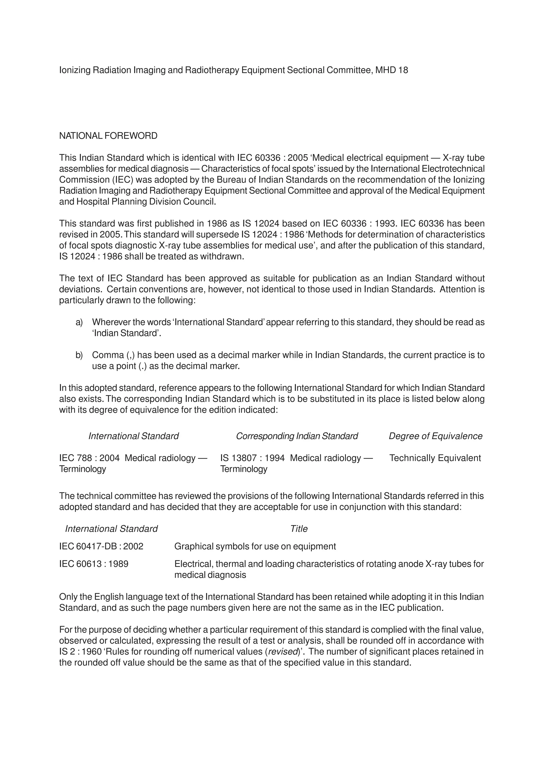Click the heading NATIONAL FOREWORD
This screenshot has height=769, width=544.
[108, 136]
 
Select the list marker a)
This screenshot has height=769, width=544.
[79, 322]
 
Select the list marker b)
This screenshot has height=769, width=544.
[79, 355]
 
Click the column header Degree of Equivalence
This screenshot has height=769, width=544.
[435, 436]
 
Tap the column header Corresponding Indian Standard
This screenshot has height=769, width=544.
[297, 436]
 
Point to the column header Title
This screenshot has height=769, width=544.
[299, 529]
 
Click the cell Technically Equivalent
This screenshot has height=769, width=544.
[435, 458]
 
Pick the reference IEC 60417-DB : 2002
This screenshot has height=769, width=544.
[101, 547]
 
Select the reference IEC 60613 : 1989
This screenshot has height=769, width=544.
[94, 564]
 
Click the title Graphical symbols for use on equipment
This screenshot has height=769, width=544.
[255, 547]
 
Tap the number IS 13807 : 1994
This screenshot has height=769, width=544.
[252, 458]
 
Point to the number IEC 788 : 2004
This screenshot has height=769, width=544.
[89, 458]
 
